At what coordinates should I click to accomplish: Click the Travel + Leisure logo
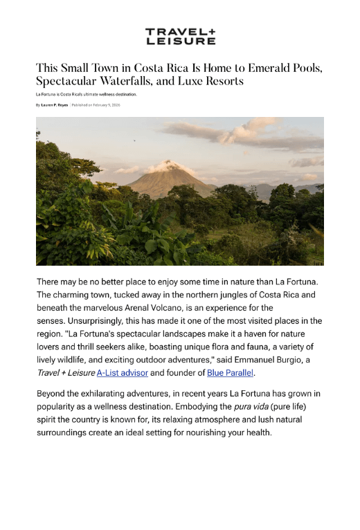(x=180, y=37)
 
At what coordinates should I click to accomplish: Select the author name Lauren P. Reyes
(x=55, y=104)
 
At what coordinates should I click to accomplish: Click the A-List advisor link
(x=123, y=373)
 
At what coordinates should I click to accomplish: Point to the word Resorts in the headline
(x=222, y=82)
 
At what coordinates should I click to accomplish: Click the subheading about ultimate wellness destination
(x=87, y=94)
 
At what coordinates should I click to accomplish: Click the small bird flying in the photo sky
(x=134, y=140)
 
